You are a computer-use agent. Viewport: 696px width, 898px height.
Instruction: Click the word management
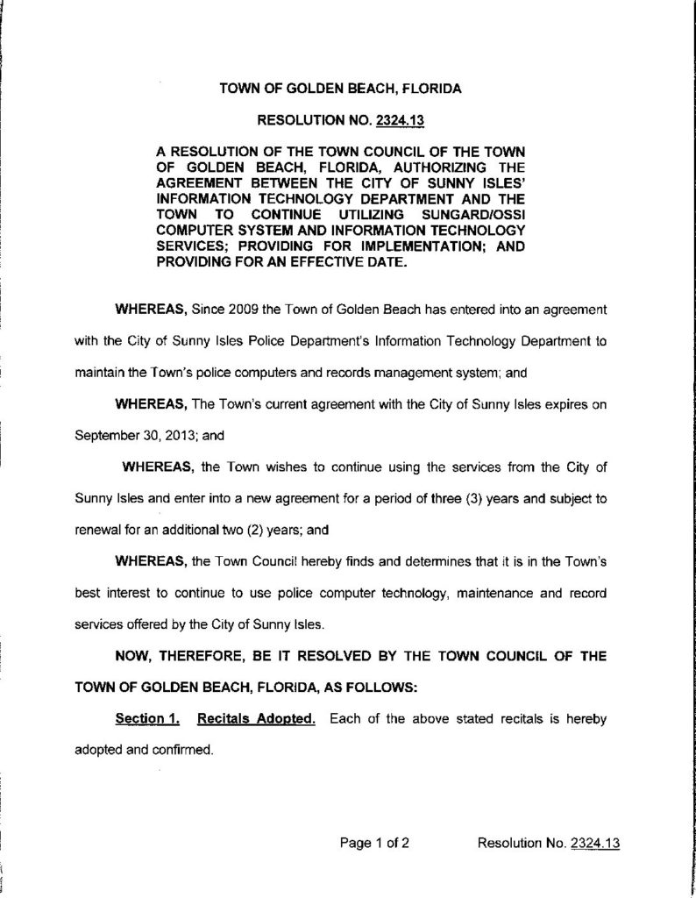[377, 371]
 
